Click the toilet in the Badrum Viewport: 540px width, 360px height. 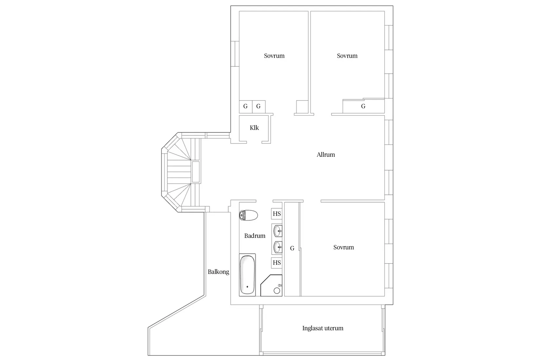point(248,215)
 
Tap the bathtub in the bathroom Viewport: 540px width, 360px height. point(247,275)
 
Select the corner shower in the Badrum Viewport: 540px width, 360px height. point(271,285)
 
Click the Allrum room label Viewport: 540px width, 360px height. point(326,154)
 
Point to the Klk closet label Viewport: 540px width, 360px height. point(254,128)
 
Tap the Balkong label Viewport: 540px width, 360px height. point(218,272)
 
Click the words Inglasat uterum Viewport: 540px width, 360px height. point(323,328)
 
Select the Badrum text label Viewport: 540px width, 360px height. point(255,236)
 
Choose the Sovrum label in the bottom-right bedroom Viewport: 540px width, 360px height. point(344,247)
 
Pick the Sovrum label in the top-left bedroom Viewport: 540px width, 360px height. point(274,56)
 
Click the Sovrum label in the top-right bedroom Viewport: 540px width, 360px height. point(347,56)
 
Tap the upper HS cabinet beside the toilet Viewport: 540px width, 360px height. point(277,214)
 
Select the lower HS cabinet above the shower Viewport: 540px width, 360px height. point(277,263)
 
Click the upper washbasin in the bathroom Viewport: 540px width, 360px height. point(277,231)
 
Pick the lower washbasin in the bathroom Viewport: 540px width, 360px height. point(277,247)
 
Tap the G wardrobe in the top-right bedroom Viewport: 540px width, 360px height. point(364,106)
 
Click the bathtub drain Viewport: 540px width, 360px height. point(247,287)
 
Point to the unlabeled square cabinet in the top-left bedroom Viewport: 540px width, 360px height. point(302,107)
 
